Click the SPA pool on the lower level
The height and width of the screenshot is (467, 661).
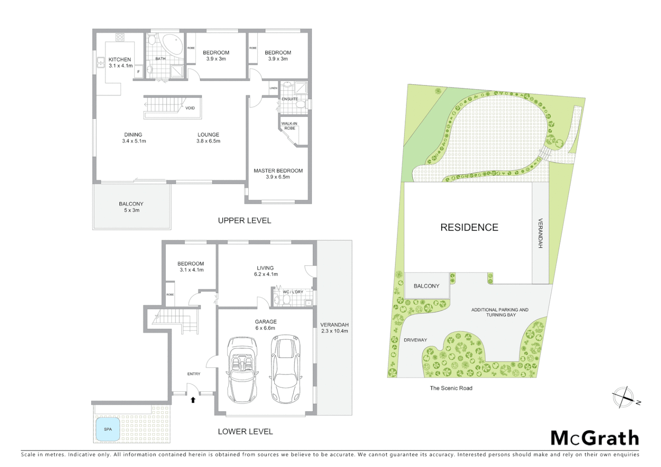[x=108, y=429]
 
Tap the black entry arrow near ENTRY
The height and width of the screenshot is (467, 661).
[x=193, y=400]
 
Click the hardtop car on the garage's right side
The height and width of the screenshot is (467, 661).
[x=286, y=368]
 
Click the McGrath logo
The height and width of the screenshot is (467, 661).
[x=595, y=438]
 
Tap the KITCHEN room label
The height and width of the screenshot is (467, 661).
[x=120, y=60]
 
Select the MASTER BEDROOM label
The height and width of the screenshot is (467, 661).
[x=278, y=171]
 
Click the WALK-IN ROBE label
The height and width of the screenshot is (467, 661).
[x=289, y=126]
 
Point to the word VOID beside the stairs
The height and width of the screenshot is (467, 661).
[x=190, y=108]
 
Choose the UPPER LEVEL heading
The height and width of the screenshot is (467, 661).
[x=244, y=221]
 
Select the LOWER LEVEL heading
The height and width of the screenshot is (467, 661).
[x=245, y=432]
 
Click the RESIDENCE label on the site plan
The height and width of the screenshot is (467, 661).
[x=469, y=227]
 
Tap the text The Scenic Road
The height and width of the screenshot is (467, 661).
[x=451, y=388]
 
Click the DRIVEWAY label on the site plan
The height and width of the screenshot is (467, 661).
[x=415, y=340]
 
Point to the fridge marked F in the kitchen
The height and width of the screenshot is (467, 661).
[x=138, y=72]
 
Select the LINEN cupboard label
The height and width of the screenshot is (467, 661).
[x=273, y=88]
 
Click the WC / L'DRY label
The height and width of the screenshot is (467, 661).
[x=293, y=292]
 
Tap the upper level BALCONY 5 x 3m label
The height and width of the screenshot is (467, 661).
[x=131, y=207]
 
